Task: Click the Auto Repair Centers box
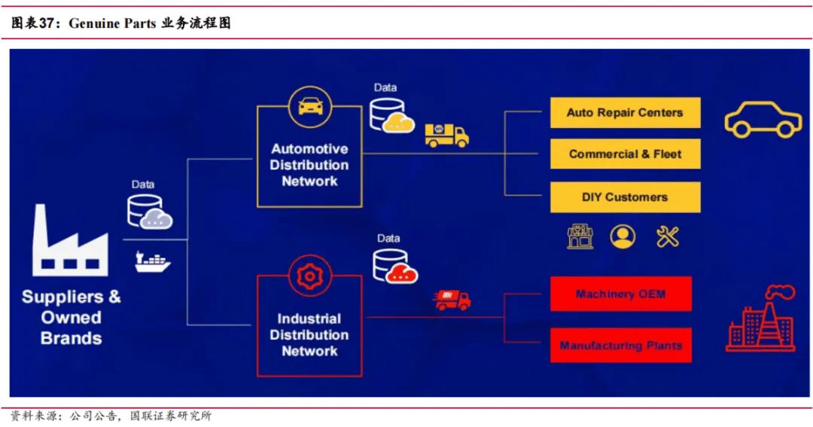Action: [625, 113]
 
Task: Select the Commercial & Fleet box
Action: [625, 154]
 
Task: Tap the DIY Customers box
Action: [625, 197]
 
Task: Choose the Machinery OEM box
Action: [620, 294]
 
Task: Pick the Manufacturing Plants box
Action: [620, 345]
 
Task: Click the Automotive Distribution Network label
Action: [309, 165]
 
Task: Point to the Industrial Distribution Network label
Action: [309, 334]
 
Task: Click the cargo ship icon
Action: [152, 261]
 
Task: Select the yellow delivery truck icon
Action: [446, 136]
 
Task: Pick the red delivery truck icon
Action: [452, 300]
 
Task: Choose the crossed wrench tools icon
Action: [667, 237]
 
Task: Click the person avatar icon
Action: [623, 236]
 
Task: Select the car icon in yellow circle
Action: [310, 107]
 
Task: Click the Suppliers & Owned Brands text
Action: [71, 317]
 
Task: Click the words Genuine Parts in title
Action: [112, 23]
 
